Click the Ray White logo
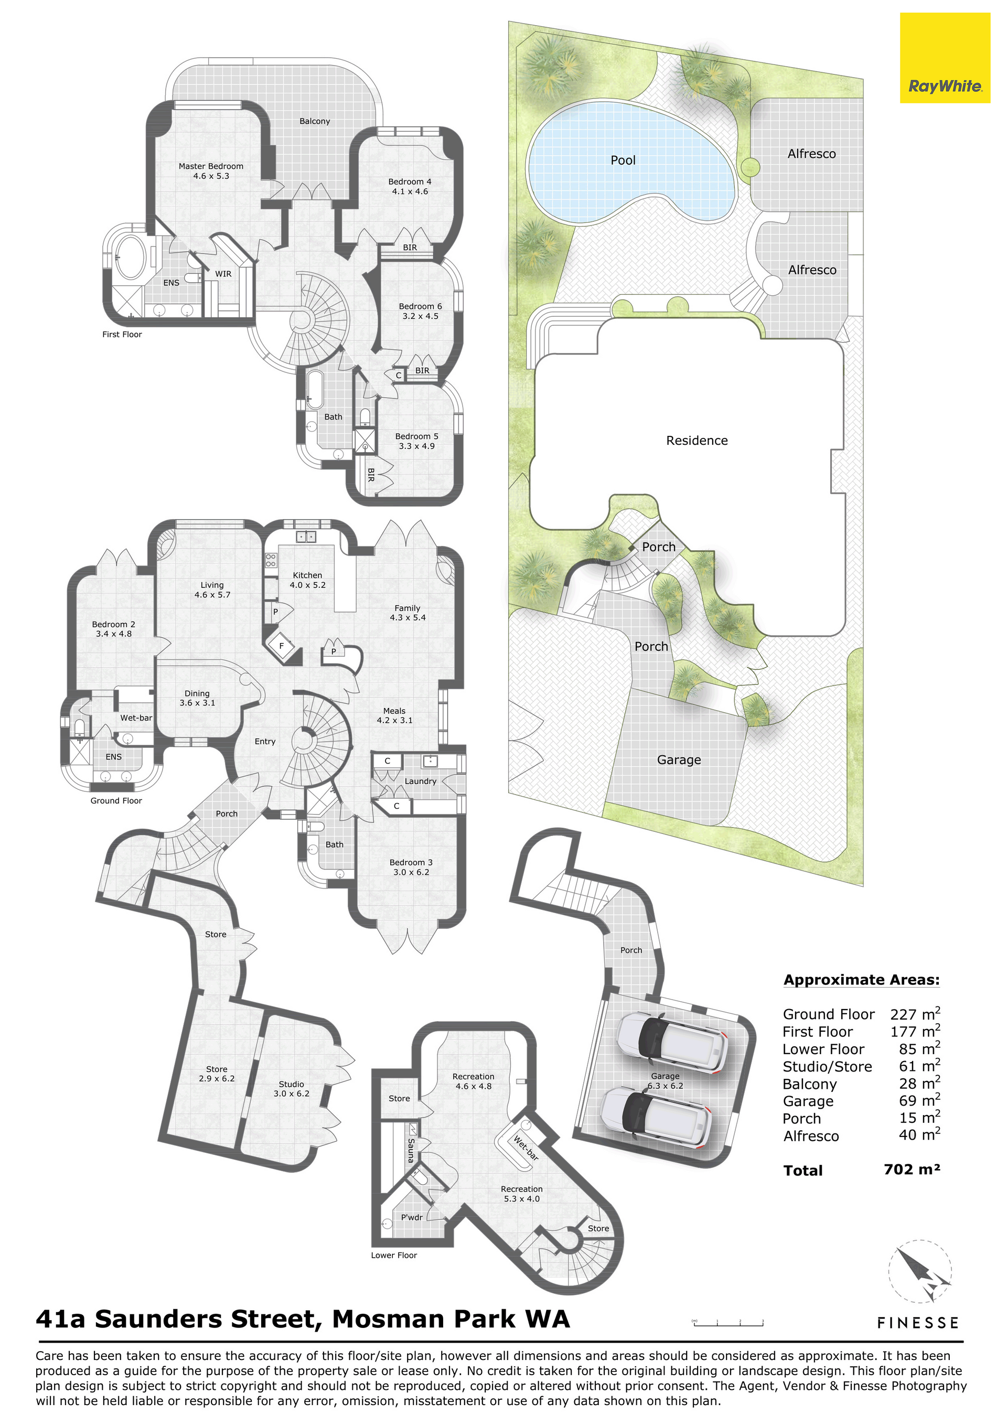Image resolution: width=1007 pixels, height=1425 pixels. (x=945, y=58)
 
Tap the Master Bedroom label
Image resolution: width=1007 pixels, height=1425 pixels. (x=211, y=166)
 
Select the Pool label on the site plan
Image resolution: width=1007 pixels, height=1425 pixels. (x=623, y=160)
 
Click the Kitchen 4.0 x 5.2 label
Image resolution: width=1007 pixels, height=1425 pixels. (x=307, y=580)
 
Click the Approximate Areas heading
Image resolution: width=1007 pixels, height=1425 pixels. (x=862, y=980)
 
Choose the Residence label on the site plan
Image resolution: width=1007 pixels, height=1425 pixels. (x=697, y=441)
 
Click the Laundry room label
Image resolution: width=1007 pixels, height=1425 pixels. (x=420, y=781)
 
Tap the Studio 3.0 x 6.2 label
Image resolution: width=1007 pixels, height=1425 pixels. (x=291, y=1089)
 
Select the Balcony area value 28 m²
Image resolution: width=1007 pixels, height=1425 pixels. (x=919, y=1083)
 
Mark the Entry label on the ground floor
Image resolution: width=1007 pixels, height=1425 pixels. (x=265, y=742)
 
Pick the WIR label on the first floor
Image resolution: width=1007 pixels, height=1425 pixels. (x=223, y=274)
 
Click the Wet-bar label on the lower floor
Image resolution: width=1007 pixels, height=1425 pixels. (x=525, y=1148)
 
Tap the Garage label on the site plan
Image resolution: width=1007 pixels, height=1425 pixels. (x=679, y=759)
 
